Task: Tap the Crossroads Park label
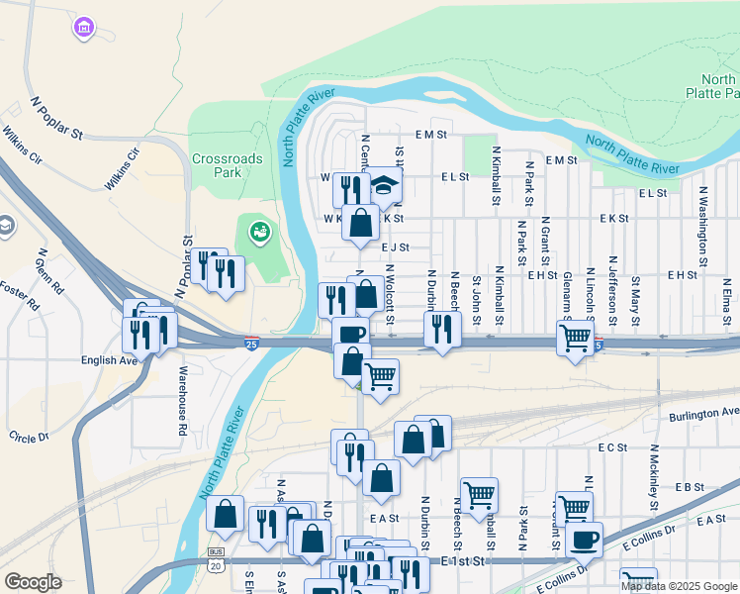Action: [x=217, y=164]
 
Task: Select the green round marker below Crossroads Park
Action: [x=260, y=233]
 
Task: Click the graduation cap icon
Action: [x=385, y=185]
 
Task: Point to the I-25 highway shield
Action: [x=254, y=344]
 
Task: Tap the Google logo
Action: [x=33, y=582]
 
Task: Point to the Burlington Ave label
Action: [x=703, y=413]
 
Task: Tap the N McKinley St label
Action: [x=654, y=485]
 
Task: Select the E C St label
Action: [x=613, y=447]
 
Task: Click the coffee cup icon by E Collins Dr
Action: [x=584, y=540]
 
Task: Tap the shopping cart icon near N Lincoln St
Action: [x=575, y=339]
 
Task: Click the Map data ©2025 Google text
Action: [x=679, y=586]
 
